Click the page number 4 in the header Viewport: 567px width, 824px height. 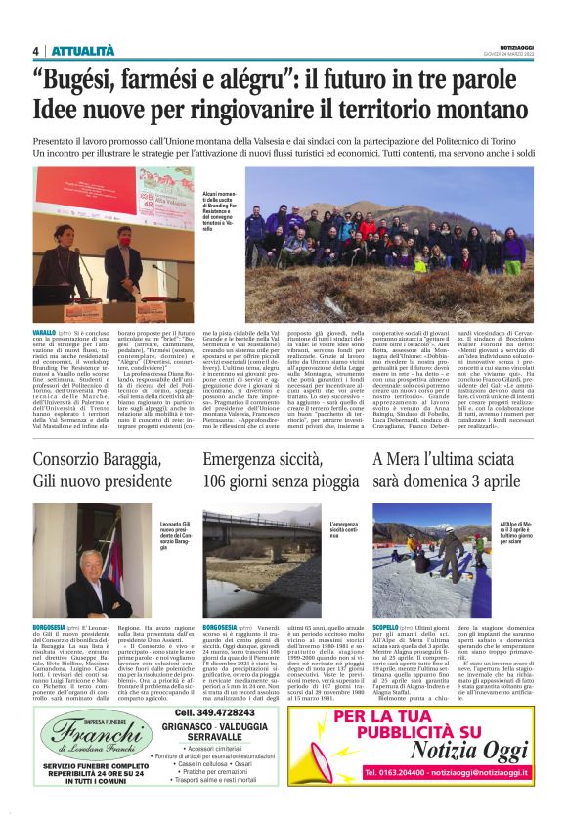pyautogui.click(x=35, y=52)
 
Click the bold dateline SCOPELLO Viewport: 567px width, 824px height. pyautogui.click(x=388, y=624)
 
